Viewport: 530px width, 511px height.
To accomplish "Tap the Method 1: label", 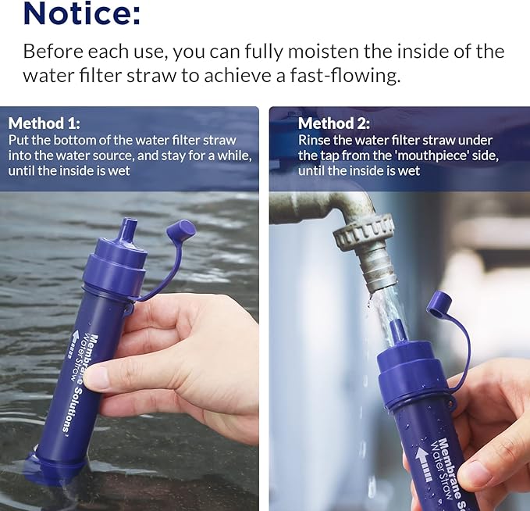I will point(44,123).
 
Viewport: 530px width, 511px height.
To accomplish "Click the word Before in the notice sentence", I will point(54,52).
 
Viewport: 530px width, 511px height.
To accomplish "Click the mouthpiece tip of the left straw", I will point(128,231).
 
